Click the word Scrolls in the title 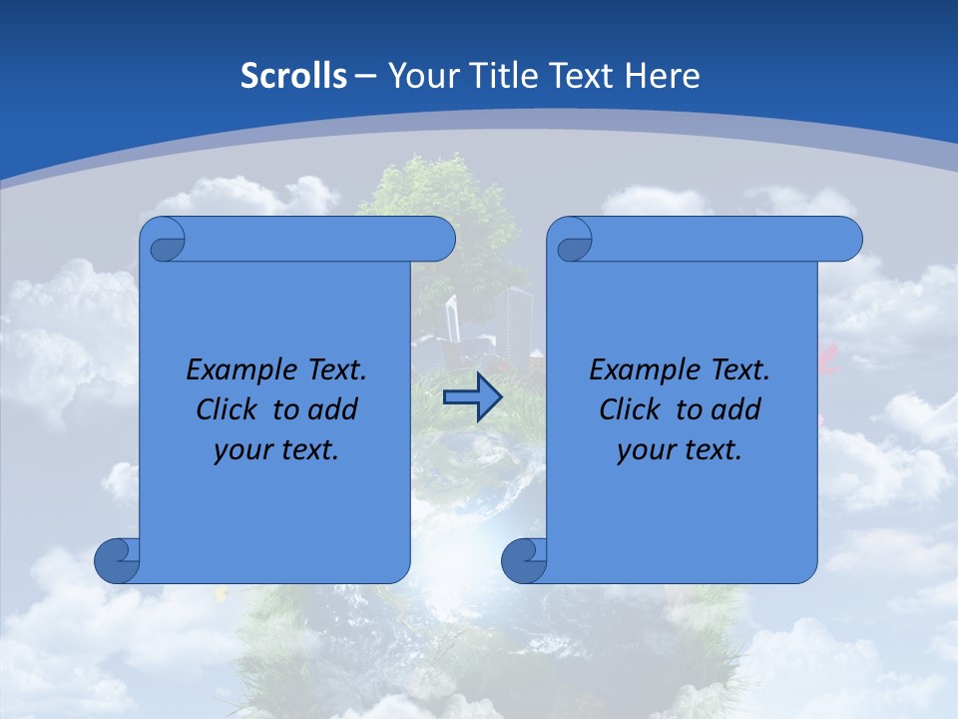[294, 75]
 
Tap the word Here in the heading [661, 75]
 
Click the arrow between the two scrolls [472, 398]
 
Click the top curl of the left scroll [164, 241]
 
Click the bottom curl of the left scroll [117, 560]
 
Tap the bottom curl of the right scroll [524, 560]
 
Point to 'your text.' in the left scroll [276, 449]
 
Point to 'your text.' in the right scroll [680, 449]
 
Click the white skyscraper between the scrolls [515, 320]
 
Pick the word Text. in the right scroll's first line [736, 369]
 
